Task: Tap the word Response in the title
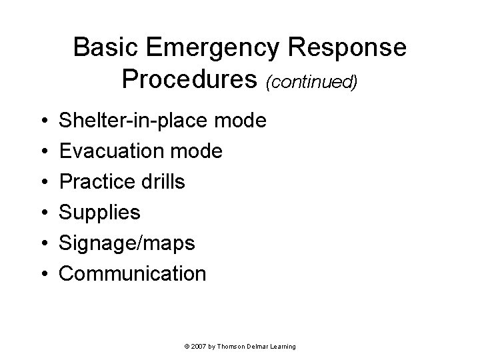click(x=348, y=48)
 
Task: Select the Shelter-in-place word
click(x=137, y=121)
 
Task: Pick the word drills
click(x=161, y=182)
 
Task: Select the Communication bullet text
click(x=133, y=273)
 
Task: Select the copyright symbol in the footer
click(x=186, y=347)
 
